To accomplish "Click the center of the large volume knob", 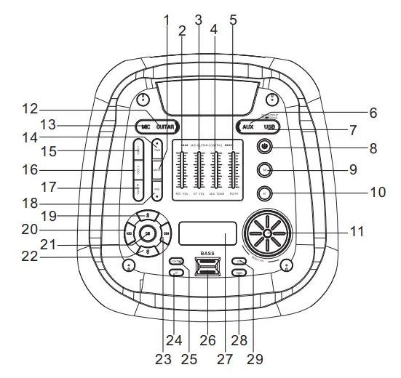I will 269,234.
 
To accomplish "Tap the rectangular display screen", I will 207,234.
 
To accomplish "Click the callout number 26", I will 207,339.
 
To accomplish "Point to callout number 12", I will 29,109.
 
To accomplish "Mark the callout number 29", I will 254,358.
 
